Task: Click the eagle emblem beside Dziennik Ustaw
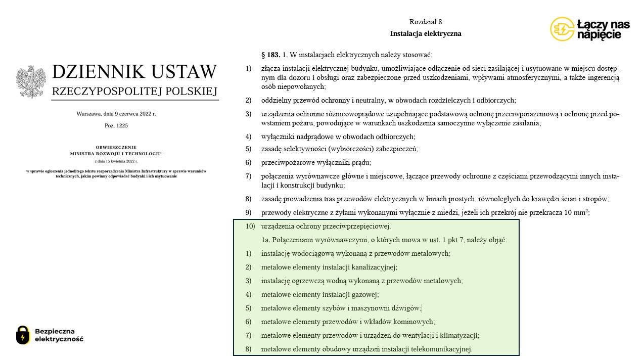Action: [x=31, y=81]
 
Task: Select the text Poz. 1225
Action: [x=116, y=125]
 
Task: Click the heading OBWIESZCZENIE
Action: [x=116, y=148]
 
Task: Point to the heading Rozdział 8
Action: [x=426, y=22]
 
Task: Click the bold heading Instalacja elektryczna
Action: [x=426, y=34]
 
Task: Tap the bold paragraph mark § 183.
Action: [x=270, y=55]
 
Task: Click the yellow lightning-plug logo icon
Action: [x=562, y=29]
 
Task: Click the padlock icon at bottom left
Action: [x=23, y=335]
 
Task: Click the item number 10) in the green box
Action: [x=250, y=226]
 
